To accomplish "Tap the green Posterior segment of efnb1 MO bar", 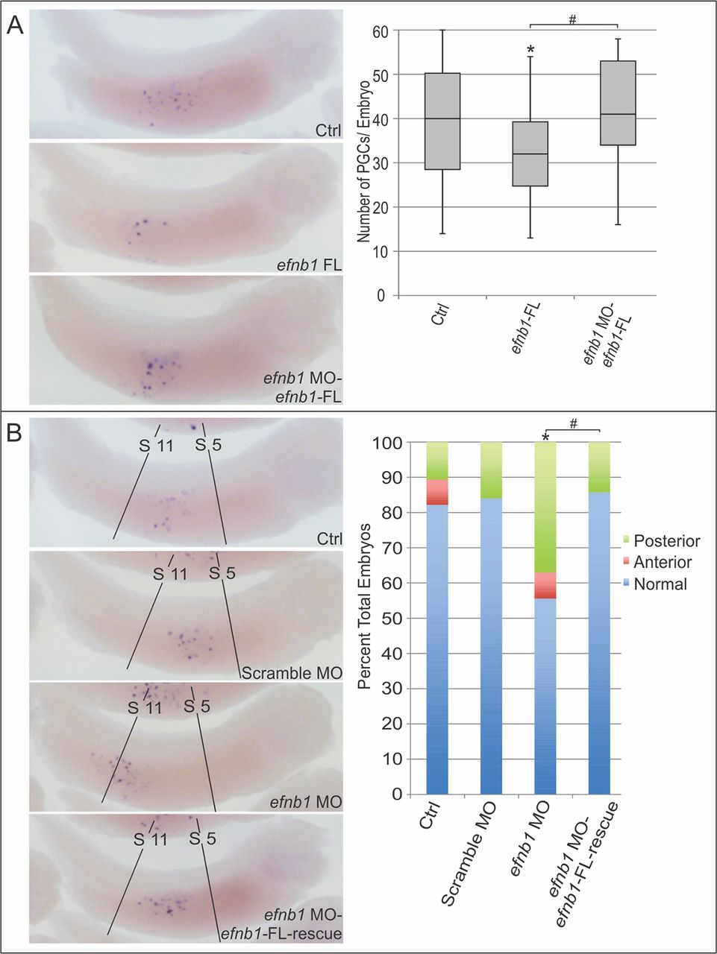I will [545, 507].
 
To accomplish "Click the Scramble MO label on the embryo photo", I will [291, 673].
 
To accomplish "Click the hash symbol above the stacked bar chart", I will [573, 423].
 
